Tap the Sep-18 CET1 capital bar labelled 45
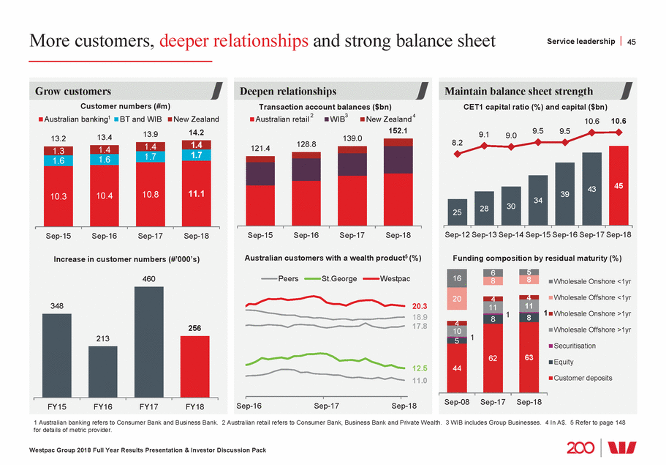[x=618, y=187]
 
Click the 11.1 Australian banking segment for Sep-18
[x=195, y=194]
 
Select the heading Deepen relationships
[x=288, y=91]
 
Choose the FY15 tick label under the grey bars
[x=57, y=405]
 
